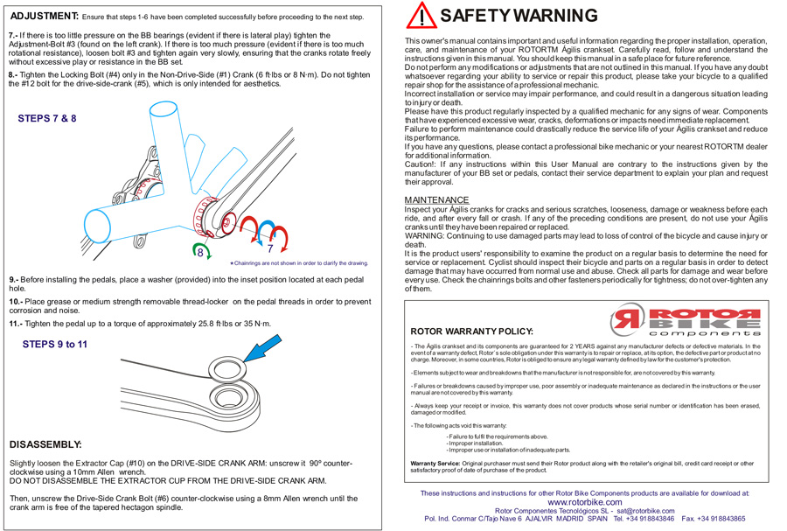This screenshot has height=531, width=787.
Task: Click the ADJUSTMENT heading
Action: (44, 17)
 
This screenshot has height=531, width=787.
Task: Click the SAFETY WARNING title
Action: (519, 16)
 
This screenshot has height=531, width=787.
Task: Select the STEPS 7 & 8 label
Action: (46, 118)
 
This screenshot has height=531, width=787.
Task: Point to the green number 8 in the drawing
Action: (200, 251)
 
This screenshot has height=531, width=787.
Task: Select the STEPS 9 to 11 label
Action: (54, 344)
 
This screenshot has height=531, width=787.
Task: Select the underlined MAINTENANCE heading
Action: (436, 200)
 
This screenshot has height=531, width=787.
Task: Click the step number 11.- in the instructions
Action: (16, 324)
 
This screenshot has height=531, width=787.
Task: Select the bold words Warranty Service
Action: (435, 461)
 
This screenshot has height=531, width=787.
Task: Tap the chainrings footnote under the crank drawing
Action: (300, 262)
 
